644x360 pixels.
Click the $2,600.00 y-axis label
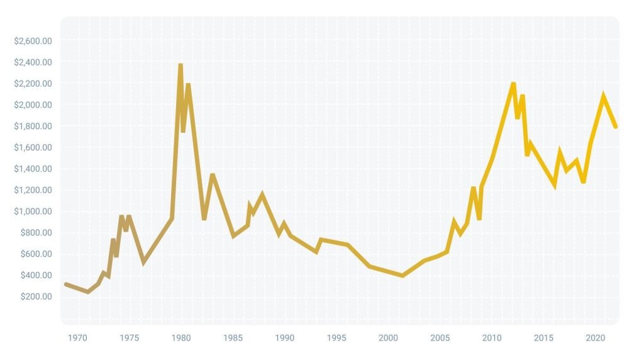[33, 41]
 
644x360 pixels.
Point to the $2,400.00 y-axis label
[33, 62]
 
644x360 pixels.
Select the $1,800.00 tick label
[33, 126]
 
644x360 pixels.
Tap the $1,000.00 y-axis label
[33, 211]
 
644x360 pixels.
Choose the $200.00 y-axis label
[36, 296]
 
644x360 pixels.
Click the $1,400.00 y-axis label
[33, 169]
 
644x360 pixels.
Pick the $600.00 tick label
[36, 254]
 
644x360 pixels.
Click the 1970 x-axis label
[77, 338]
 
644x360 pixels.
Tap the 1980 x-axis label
[181, 338]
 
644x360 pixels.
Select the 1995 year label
[337, 338]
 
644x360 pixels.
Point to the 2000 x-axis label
[389, 338]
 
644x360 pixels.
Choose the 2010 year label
[492, 338]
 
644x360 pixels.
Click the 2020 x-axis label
[596, 338]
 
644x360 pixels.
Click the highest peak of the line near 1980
[180, 65]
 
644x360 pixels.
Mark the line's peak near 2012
[513, 84]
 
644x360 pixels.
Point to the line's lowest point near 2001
[402, 276]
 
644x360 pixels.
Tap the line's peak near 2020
[603, 96]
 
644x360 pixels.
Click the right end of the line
[616, 127]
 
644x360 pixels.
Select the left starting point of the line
[66, 284]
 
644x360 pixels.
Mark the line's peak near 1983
[213, 175]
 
